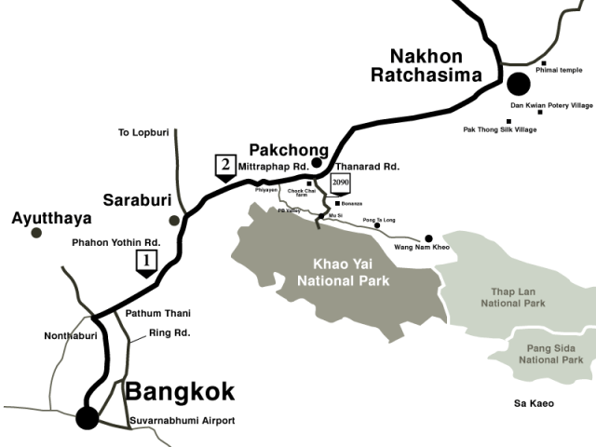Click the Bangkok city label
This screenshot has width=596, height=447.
[180, 391]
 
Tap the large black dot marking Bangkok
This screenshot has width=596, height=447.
[88, 417]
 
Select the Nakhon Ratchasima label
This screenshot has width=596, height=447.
[423, 65]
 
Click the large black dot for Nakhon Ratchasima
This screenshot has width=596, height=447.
[518, 84]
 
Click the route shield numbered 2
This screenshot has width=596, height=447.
[224, 167]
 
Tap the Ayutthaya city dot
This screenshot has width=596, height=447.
[36, 233]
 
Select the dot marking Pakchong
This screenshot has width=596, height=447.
[317, 163]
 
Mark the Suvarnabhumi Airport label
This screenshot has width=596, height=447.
[181, 421]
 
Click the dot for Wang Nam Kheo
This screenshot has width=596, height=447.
[429, 237]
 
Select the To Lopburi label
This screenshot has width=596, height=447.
[142, 133]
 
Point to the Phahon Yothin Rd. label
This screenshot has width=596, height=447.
[116, 242]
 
